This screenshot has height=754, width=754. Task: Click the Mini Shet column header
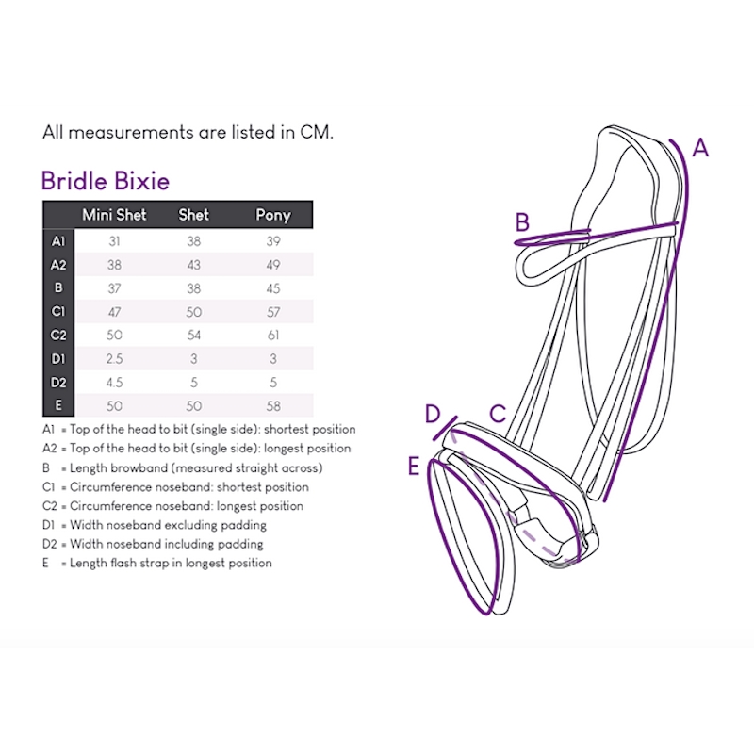(114, 215)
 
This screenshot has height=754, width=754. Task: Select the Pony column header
(273, 215)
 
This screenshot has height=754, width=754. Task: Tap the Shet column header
(194, 215)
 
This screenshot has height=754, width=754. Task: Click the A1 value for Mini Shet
(114, 241)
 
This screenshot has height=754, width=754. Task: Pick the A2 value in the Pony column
(273, 265)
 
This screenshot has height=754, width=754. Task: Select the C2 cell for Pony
(273, 336)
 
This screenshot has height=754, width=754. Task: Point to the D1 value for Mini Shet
(114, 359)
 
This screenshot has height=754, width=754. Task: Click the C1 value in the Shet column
(194, 312)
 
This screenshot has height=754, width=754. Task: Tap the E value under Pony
(273, 406)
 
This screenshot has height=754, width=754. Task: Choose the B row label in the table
(58, 287)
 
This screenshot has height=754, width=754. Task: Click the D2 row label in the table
(58, 383)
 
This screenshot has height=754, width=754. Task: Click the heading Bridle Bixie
(106, 181)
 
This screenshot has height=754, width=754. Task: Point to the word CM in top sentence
(317, 132)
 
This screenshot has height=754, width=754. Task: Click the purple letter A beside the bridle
(700, 148)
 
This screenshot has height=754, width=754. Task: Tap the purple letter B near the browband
(522, 222)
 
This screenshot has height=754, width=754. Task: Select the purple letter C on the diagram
(498, 414)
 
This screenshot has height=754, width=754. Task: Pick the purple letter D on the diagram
(433, 414)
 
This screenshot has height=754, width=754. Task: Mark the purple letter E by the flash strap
(414, 466)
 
